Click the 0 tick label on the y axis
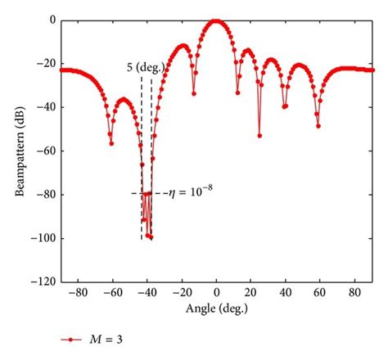[51, 20]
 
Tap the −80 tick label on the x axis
[74, 292]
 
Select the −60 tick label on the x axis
[110, 292]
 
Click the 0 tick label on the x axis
[216, 292]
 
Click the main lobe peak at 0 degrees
[215, 20]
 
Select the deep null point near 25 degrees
[259, 136]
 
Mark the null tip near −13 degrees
[194, 93]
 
